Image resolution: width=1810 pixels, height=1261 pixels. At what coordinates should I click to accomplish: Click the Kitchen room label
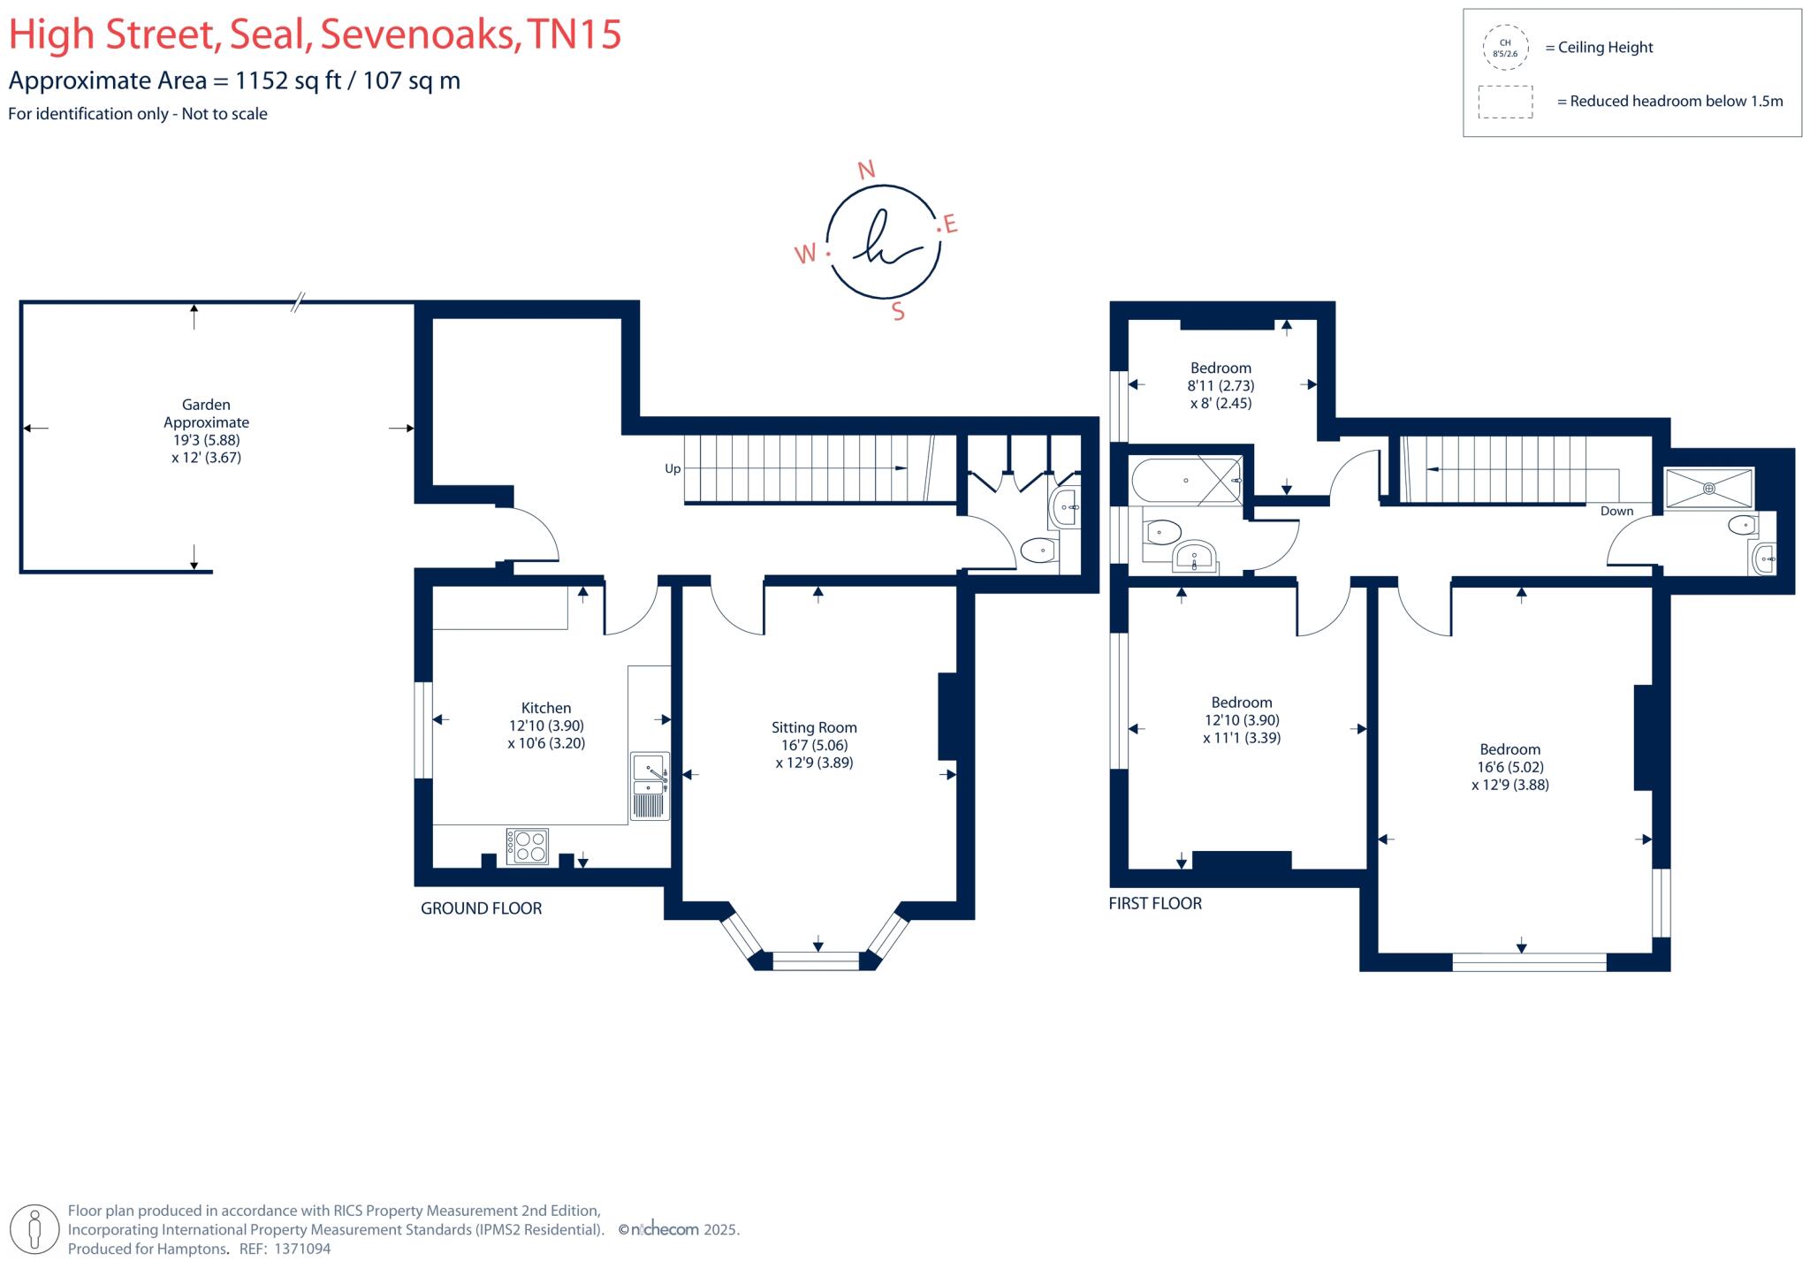pyautogui.click(x=545, y=708)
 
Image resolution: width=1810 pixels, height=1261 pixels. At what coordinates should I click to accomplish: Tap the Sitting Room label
pyautogui.click(x=814, y=727)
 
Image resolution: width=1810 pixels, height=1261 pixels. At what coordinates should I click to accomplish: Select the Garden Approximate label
pyautogui.click(x=206, y=414)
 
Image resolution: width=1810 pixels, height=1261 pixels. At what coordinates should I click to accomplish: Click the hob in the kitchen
pyautogui.click(x=527, y=846)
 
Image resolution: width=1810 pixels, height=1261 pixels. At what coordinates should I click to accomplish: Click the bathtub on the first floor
pyautogui.click(x=1186, y=481)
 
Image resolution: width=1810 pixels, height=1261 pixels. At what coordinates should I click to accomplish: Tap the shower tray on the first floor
pyautogui.click(x=1708, y=489)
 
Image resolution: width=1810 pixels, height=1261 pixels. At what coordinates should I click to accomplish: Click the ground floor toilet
pyautogui.click(x=1038, y=551)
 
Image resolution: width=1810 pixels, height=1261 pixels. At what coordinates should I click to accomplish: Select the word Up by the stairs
pyautogui.click(x=673, y=469)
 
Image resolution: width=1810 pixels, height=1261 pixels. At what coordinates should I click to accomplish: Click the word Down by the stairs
pyautogui.click(x=1616, y=511)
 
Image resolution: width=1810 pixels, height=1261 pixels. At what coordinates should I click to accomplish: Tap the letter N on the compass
pyautogui.click(x=867, y=170)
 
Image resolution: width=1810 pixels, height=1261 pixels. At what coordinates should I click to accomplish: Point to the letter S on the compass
pyautogui.click(x=898, y=312)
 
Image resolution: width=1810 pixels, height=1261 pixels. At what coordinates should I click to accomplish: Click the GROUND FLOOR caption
pyautogui.click(x=481, y=908)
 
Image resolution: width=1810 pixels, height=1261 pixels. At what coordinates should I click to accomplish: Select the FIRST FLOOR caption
pyautogui.click(x=1155, y=903)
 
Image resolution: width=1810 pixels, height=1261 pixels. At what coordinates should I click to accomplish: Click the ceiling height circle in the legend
pyautogui.click(x=1505, y=48)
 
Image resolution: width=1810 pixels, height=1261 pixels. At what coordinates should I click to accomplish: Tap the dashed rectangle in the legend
pyautogui.click(x=1505, y=102)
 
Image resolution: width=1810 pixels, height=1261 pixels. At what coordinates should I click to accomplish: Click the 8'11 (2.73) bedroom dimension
pyautogui.click(x=1221, y=385)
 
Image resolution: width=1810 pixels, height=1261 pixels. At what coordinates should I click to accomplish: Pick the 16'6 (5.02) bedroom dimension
pyautogui.click(x=1510, y=767)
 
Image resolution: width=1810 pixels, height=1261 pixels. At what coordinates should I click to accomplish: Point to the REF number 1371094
pyautogui.click(x=302, y=1249)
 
